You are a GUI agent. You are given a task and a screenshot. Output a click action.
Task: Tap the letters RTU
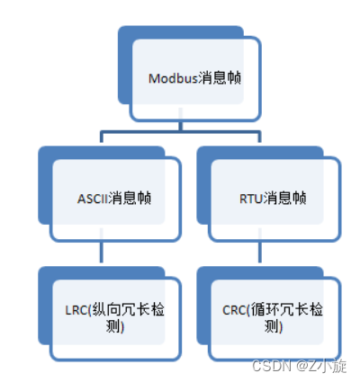point(253,198)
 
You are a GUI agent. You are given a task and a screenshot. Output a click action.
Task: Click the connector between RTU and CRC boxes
point(265,253)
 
